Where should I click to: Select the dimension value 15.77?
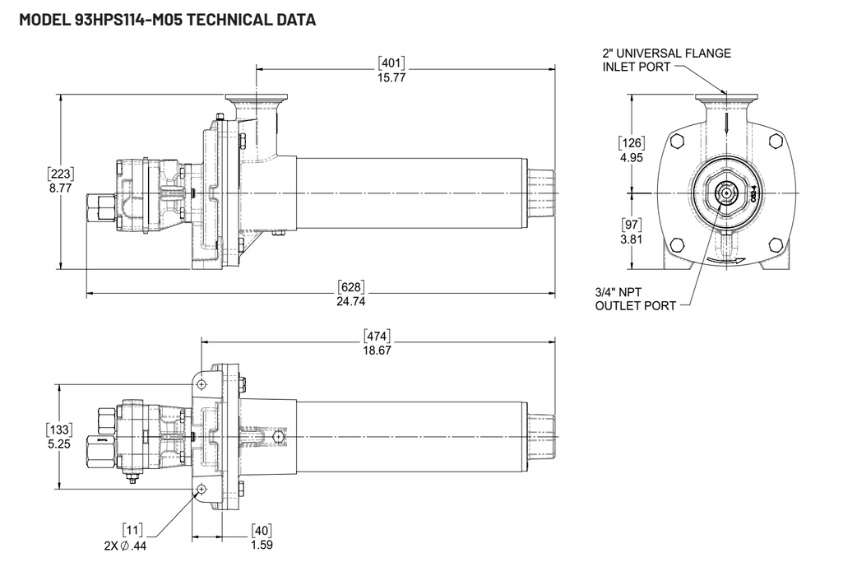coord(391,77)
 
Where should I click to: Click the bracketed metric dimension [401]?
coord(391,63)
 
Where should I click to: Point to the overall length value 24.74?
coord(351,301)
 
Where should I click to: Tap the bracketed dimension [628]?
coord(351,287)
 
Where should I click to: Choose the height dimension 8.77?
coord(61,188)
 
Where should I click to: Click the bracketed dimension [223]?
coord(61,174)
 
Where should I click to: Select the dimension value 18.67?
coord(378,350)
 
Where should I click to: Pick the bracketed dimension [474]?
coord(378,336)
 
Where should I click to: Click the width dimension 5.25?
coord(61,443)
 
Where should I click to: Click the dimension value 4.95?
coord(631,157)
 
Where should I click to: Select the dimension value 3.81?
coord(631,239)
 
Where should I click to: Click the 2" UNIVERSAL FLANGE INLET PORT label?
coord(666,60)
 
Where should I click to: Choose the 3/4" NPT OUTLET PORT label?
coord(636,299)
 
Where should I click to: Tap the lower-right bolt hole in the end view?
coord(775,244)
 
